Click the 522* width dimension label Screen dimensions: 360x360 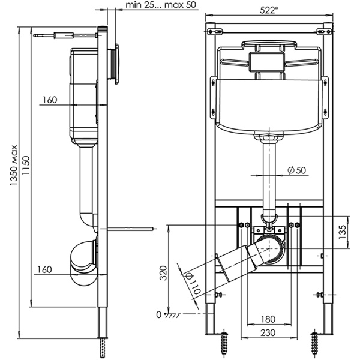269,10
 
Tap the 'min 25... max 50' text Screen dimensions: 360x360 161,5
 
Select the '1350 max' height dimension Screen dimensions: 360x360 14,166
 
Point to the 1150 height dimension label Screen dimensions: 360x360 26,166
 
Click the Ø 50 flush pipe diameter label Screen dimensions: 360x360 297,170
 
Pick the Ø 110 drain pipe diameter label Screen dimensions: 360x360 193,284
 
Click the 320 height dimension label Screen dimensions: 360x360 163,273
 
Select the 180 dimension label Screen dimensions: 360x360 268,319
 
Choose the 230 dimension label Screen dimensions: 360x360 268,332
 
